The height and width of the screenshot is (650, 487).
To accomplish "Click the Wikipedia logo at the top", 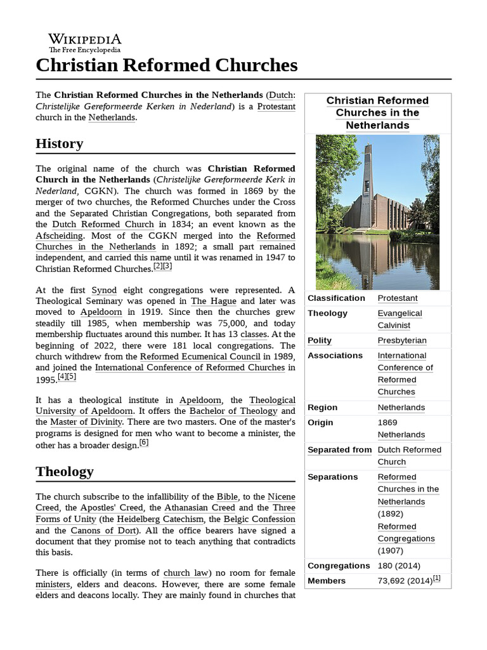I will tap(85, 43).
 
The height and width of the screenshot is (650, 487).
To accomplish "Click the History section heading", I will tap(60, 144).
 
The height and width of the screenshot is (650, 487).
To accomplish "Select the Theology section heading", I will tap(65, 472).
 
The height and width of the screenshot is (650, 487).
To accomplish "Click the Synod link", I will tap(104, 290).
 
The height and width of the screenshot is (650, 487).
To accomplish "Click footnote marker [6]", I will tap(144, 444).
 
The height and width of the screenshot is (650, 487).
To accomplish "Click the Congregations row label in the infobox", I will tap(339, 566).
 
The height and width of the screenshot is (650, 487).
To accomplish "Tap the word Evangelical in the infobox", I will tap(399, 313).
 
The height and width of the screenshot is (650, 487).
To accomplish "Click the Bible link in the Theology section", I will tap(227, 496).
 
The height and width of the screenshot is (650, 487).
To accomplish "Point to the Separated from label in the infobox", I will tap(339, 449).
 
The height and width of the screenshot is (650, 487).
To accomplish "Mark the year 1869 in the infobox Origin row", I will tap(387, 422).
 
